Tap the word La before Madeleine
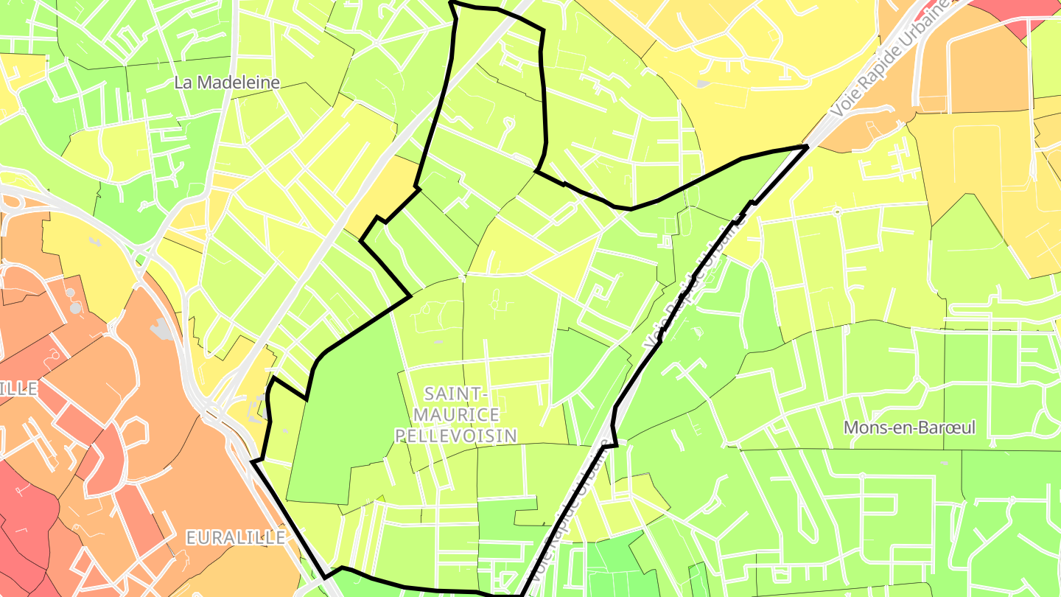coord(183,83)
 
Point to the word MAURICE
coord(456,415)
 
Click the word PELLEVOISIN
coord(456,436)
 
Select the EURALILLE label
coord(235,538)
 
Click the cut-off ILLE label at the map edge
coord(18,389)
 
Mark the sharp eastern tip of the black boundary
coord(808,147)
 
